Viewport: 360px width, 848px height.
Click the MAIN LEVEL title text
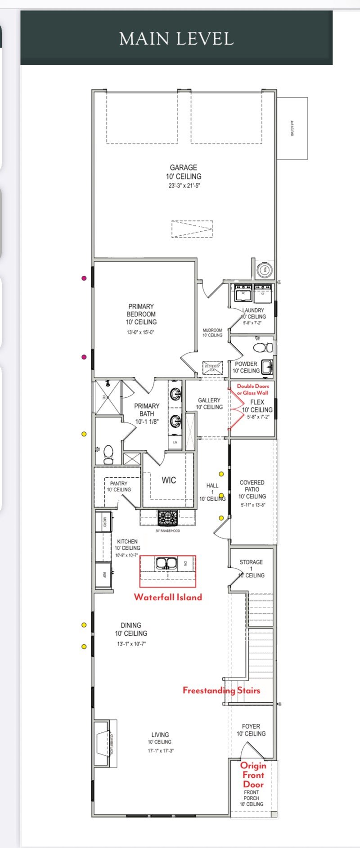[x=176, y=39]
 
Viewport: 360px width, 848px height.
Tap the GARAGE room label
[x=184, y=167]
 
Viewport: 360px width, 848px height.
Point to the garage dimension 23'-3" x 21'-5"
[x=184, y=185]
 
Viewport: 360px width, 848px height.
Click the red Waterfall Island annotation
[x=168, y=597]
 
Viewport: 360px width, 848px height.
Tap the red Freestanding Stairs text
[x=221, y=690]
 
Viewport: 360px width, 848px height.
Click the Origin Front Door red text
[x=253, y=774]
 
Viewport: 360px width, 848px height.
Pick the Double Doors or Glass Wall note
[x=253, y=389]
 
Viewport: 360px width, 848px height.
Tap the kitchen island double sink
[x=167, y=563]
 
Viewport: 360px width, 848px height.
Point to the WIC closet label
[x=169, y=480]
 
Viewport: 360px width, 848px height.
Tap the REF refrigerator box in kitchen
[x=103, y=574]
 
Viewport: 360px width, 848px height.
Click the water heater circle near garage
[x=265, y=270]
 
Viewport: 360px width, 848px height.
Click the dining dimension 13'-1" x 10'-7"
[x=131, y=644]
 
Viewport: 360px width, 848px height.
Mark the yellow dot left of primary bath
[x=84, y=434]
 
